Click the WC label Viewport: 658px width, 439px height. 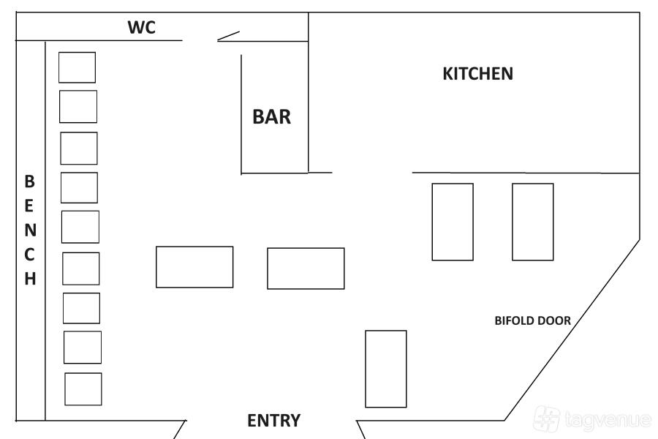[142, 28]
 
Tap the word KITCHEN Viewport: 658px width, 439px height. [478, 74]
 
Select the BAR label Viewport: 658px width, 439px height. [271, 116]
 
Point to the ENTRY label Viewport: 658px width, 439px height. [273, 421]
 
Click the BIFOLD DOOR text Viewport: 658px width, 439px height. [532, 320]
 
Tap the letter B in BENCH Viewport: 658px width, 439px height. [30, 181]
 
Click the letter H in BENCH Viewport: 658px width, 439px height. [30, 279]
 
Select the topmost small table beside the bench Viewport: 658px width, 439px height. [77, 67]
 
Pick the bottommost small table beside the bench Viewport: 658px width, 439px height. [83, 389]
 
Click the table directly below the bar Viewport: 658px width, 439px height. [306, 269]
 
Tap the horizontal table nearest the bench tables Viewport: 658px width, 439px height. [194, 267]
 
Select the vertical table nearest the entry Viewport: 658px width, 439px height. [385, 369]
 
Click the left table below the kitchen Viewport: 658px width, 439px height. [453, 222]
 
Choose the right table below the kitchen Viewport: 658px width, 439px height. [532, 222]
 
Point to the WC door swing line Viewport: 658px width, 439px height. [228, 35]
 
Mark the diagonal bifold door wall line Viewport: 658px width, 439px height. [572, 329]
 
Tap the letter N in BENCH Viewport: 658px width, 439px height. [30, 230]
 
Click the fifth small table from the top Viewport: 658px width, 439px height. [80, 227]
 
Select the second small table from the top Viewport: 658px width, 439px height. [77, 106]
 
